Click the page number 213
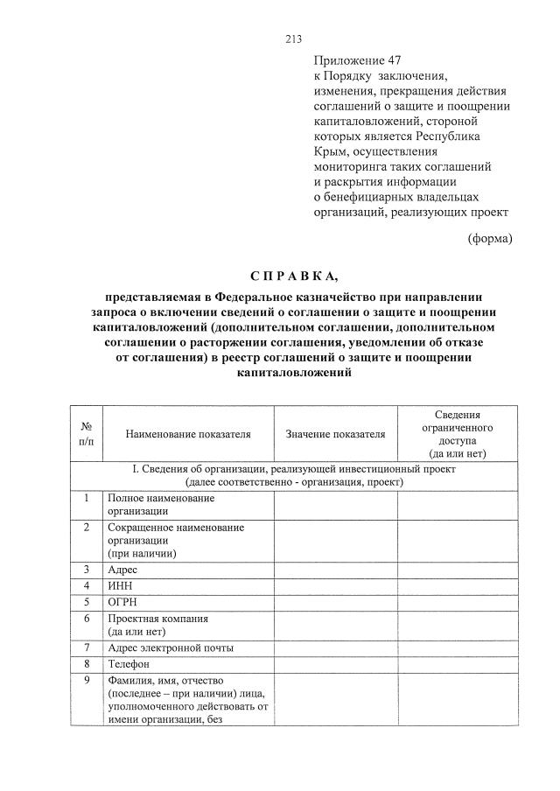[x=293, y=38]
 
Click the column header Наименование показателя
[x=187, y=433]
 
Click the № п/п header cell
[x=87, y=433]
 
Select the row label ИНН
[x=120, y=585]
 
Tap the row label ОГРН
[x=122, y=602]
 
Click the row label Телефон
[x=130, y=664]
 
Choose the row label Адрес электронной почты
[x=170, y=648]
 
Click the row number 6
[x=87, y=619]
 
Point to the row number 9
[x=87, y=681]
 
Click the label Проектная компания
[x=157, y=619]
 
